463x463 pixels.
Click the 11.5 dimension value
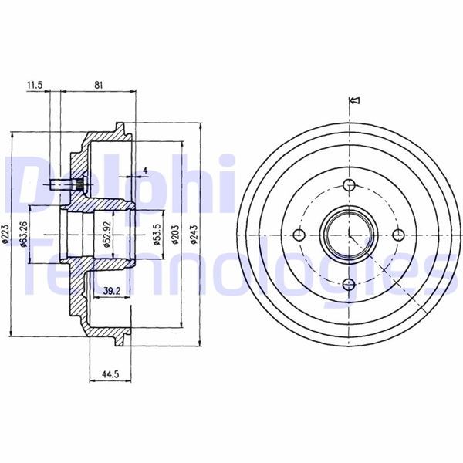point(35,85)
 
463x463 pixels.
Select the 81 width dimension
point(98,85)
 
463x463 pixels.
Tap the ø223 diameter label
point(6,235)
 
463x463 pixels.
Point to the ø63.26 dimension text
point(24,234)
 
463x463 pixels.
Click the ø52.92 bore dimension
point(106,235)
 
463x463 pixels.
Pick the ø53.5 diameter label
point(157,235)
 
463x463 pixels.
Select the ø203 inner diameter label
point(175,235)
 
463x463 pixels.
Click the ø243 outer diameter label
point(193,235)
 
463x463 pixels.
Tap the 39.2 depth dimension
point(112,291)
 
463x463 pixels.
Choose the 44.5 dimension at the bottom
point(110,374)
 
